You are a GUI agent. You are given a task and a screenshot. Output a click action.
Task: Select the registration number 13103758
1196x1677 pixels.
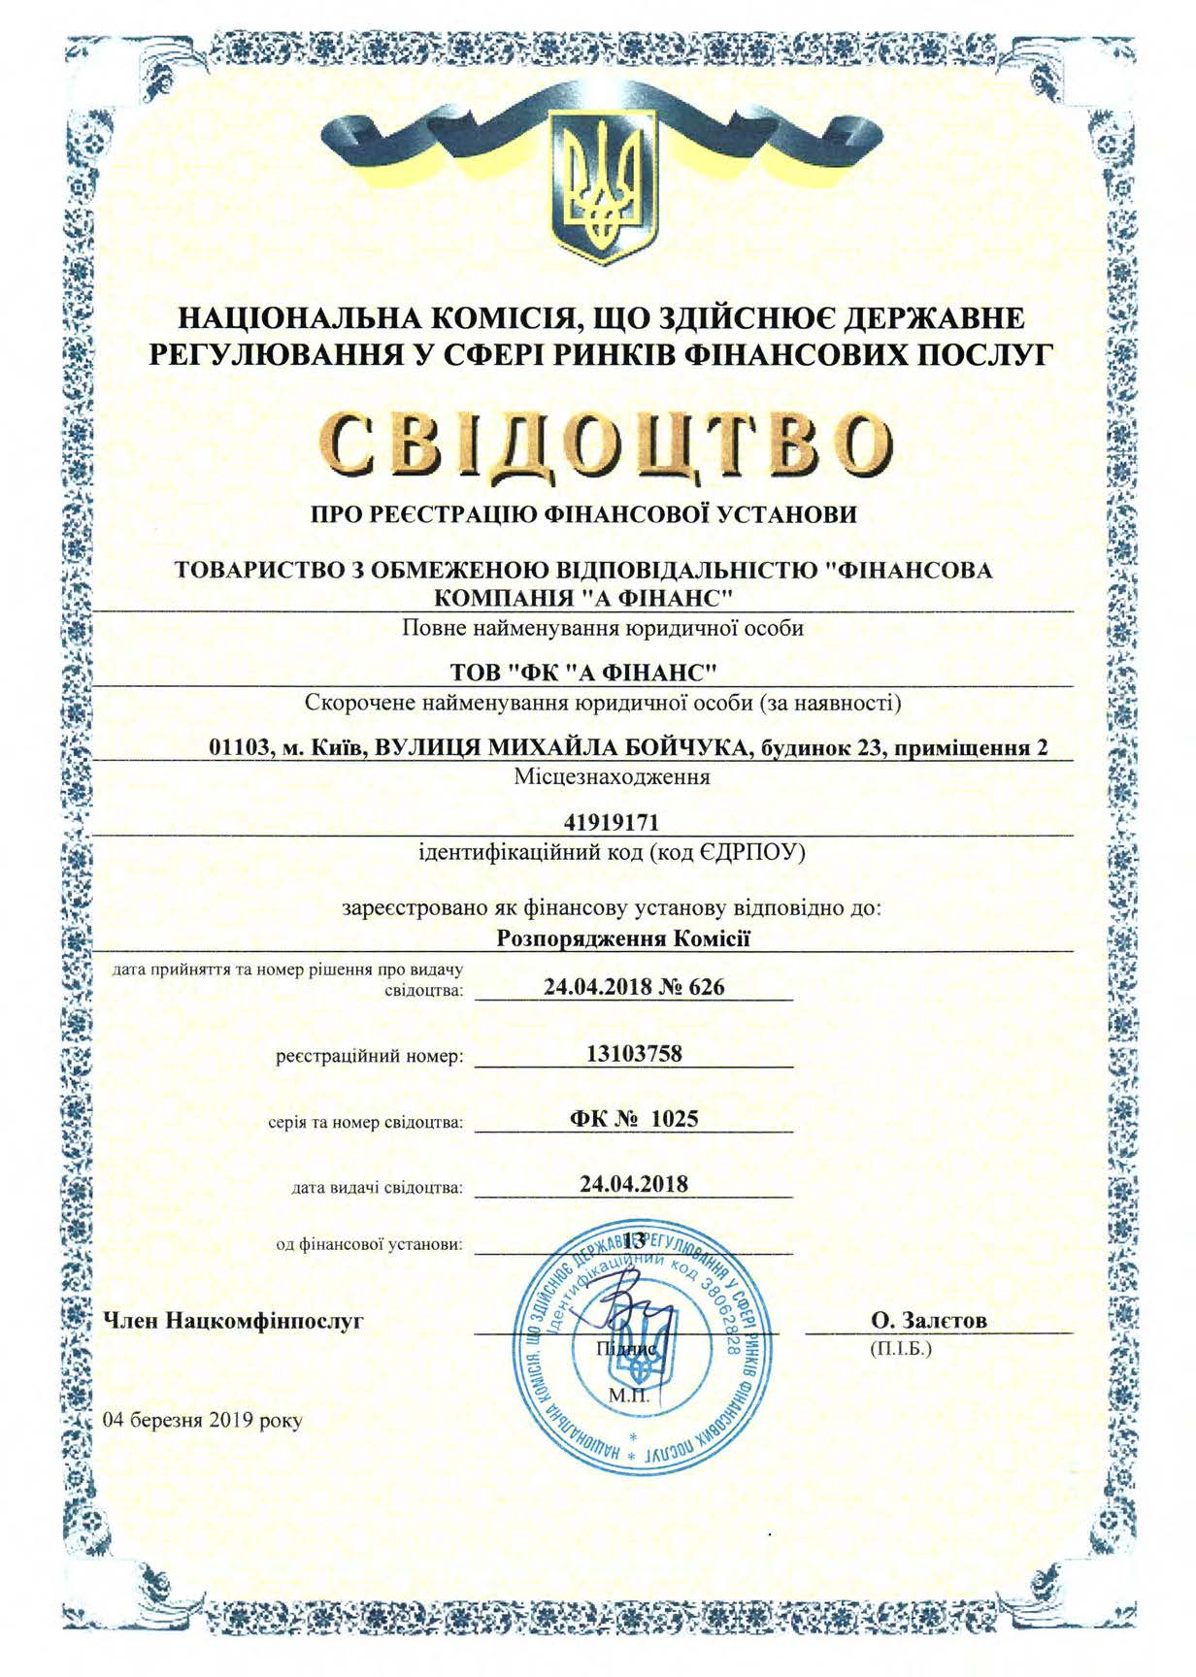[x=635, y=1053]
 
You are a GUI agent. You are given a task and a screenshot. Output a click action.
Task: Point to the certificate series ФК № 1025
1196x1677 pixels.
[x=634, y=1118]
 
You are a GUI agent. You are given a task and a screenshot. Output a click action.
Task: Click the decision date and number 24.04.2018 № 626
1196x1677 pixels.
[x=634, y=987]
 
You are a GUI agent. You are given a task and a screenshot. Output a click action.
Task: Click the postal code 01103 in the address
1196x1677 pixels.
[x=238, y=747]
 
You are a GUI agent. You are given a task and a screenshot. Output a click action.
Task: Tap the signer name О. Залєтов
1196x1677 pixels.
[x=929, y=1321]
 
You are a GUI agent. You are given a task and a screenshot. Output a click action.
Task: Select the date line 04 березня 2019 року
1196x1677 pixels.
[x=203, y=1420]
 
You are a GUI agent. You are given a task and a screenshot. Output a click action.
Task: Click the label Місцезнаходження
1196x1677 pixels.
[x=612, y=777]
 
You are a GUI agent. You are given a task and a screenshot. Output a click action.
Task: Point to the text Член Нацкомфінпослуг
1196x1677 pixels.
[x=233, y=1321]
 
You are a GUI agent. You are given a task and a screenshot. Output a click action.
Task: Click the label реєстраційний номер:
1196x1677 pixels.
[x=369, y=1056]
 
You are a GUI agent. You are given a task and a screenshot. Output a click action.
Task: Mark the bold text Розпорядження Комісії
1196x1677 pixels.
[x=624, y=938]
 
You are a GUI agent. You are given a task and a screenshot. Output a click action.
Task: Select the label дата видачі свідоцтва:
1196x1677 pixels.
[x=377, y=1187]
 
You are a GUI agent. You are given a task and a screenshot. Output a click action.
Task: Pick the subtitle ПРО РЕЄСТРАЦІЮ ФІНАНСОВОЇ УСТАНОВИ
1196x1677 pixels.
[x=583, y=514]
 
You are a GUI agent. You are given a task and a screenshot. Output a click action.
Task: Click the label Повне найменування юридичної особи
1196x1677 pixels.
[x=603, y=628]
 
